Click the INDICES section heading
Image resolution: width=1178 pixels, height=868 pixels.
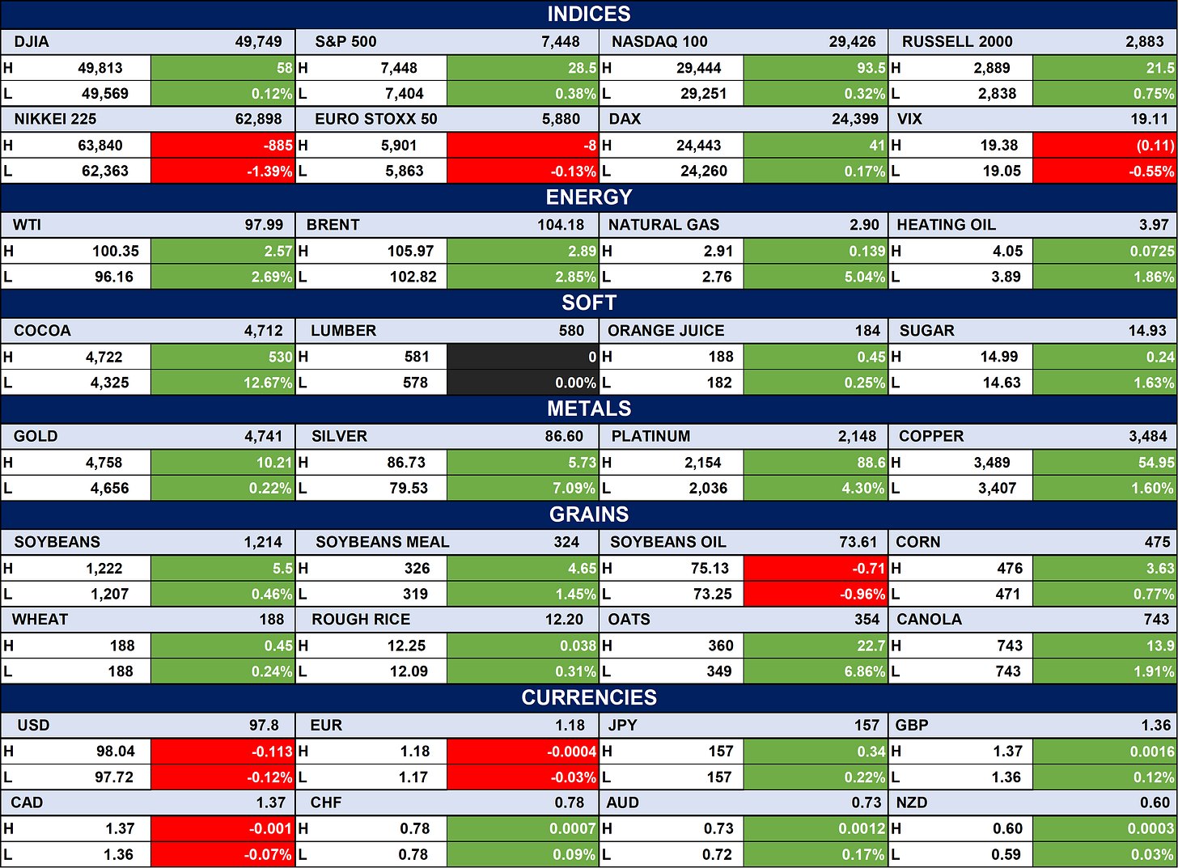(588, 15)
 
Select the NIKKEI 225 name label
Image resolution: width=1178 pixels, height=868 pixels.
(55, 120)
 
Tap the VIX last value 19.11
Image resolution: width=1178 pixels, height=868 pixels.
(1149, 120)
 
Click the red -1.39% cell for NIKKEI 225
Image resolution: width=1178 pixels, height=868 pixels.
(223, 171)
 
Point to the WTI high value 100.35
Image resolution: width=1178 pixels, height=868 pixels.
(116, 252)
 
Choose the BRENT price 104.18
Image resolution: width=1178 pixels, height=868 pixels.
(561, 225)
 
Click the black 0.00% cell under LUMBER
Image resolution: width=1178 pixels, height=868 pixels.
(523, 382)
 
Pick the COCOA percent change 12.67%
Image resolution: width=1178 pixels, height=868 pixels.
(268, 383)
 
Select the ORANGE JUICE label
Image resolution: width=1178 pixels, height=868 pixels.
(666, 331)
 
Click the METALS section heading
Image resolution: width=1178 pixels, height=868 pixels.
(588, 409)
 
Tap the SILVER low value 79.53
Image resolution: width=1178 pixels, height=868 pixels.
(409, 488)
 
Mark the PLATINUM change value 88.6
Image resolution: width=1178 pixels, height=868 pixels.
(871, 463)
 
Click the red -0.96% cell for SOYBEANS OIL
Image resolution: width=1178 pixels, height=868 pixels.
(816, 594)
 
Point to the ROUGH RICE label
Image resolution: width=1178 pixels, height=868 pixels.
(361, 620)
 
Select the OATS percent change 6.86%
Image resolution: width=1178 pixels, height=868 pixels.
(865, 671)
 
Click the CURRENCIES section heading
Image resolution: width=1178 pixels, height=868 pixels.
(588, 697)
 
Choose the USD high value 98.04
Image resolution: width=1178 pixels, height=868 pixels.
(115, 752)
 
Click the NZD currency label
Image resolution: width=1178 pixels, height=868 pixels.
(911, 802)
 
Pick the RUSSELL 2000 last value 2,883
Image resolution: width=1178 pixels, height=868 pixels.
(1144, 41)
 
